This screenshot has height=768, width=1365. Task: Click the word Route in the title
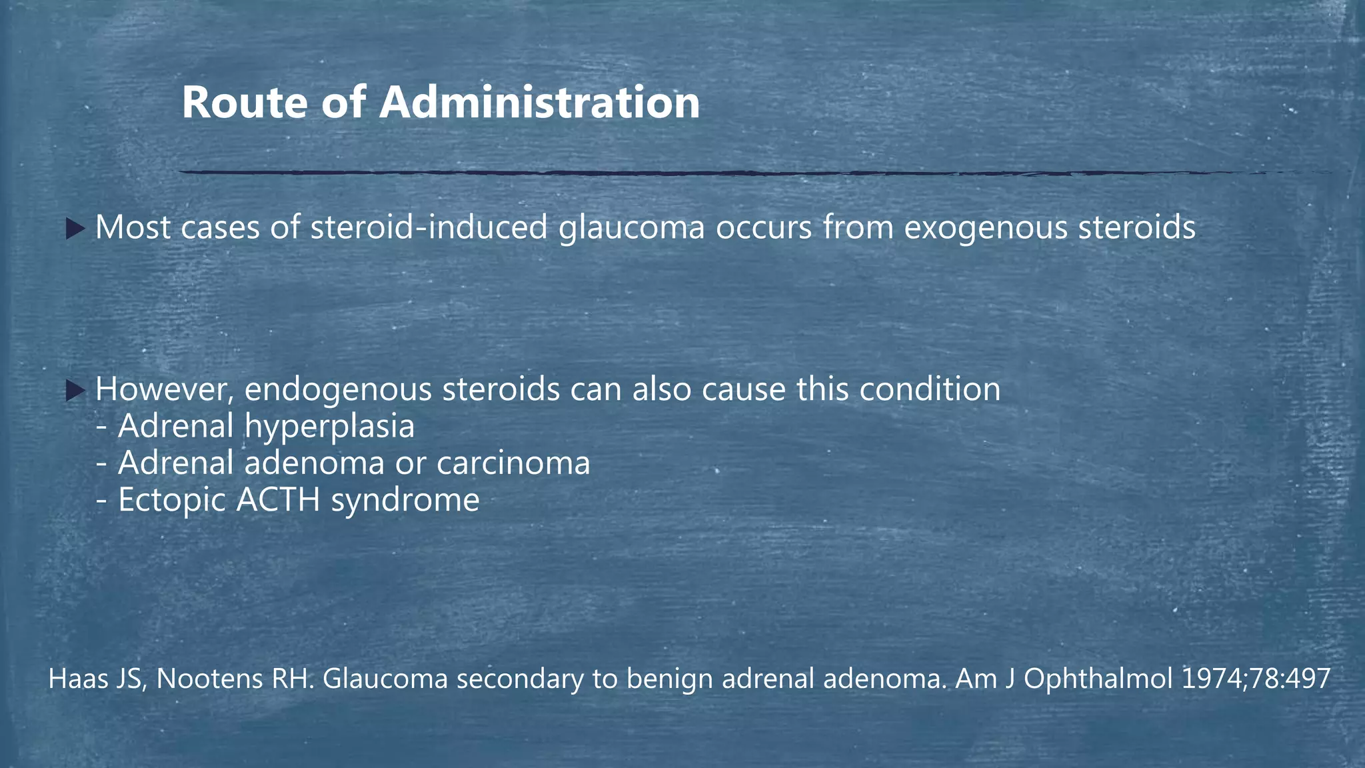pyautogui.click(x=245, y=103)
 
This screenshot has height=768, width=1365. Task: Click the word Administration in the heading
pyautogui.click(x=539, y=103)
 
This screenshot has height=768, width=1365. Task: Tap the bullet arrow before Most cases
pyautogui.click(x=75, y=230)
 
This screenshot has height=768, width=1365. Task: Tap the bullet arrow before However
pyautogui.click(x=75, y=391)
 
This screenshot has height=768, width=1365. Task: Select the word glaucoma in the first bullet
pyautogui.click(x=631, y=228)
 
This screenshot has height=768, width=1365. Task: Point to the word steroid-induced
pyautogui.click(x=429, y=228)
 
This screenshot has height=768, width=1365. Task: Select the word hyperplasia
pyautogui.click(x=329, y=427)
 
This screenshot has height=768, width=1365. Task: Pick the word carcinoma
pyautogui.click(x=513, y=463)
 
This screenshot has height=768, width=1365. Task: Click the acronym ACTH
pyautogui.click(x=278, y=500)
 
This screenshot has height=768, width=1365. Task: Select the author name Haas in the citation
pyautogui.click(x=73, y=679)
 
